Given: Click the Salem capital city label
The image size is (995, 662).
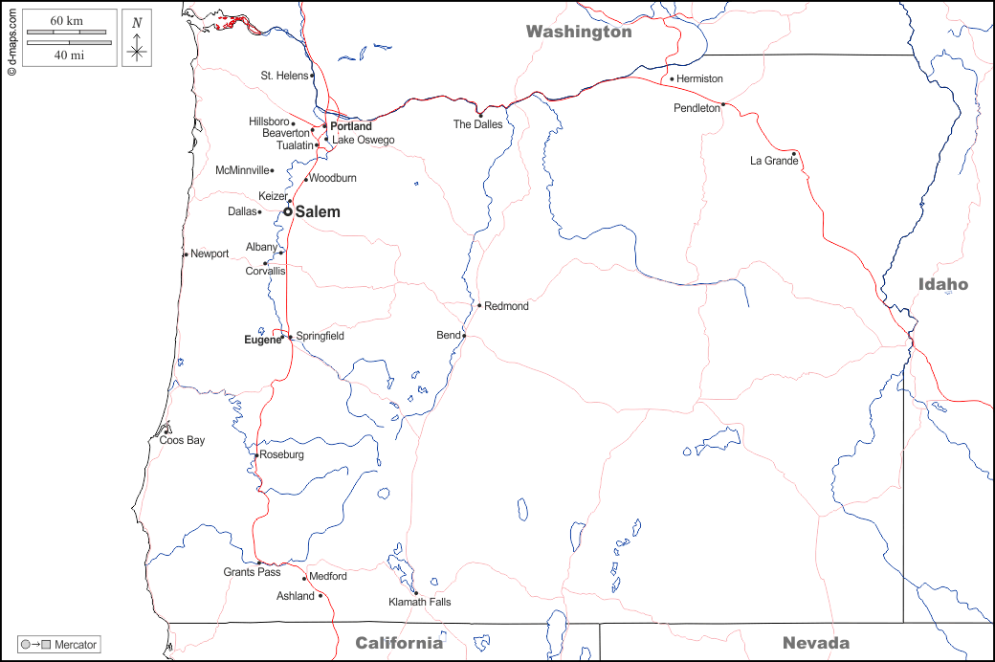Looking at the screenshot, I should click(317, 211).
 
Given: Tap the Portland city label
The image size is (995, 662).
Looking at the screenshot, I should click(351, 126).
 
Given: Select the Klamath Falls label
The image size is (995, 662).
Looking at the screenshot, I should click(419, 602).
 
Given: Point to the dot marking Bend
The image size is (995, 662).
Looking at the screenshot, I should click(464, 336).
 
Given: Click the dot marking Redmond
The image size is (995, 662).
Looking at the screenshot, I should click(479, 306).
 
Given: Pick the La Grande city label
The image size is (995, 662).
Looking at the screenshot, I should click(774, 161).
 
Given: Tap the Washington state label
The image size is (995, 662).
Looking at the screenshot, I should click(579, 32).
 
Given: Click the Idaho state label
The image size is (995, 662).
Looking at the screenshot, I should click(943, 284).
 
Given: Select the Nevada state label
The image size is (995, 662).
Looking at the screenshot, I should click(816, 643).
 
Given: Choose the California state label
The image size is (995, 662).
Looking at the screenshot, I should click(399, 643).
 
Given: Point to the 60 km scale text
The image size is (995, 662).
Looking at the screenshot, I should click(67, 20).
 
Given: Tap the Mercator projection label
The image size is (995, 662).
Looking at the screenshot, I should click(76, 645).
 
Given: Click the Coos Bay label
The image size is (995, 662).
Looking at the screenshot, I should click(182, 440).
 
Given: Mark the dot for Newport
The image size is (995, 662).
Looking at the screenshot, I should click(186, 254).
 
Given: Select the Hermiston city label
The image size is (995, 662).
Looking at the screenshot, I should click(699, 78).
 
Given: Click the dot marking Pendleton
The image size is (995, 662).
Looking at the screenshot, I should click(723, 104).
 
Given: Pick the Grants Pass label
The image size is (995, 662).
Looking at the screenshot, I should click(252, 572).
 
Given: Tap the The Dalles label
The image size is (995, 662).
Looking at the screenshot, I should click(477, 124).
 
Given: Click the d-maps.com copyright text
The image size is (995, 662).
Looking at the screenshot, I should click(11, 38).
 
